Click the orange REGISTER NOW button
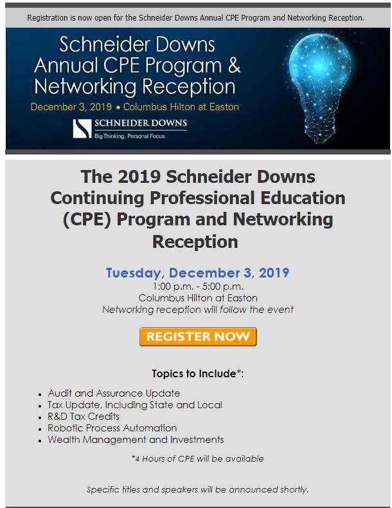coord(198,337)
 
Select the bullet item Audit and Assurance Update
coord(113,393)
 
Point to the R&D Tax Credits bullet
coord(83,416)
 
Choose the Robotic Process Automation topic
coord(112,428)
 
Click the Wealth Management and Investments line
coord(135,440)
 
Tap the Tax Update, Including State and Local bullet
coord(134,404)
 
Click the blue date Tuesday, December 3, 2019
coord(198,272)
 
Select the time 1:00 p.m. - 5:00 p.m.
coord(198,287)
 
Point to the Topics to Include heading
coord(198,373)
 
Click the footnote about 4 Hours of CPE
coord(198,458)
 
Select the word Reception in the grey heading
coord(195,242)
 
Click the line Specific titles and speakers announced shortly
coord(198,489)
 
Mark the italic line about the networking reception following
coord(198,310)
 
